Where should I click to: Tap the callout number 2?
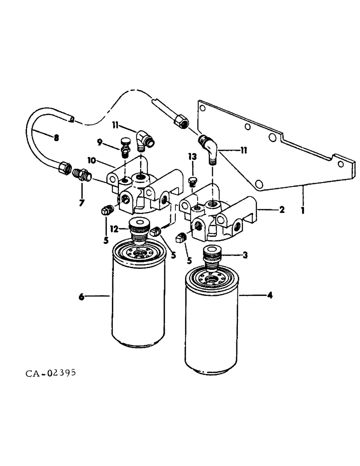pyautogui.click(x=282, y=210)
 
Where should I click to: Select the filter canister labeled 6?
pyautogui.click(x=139, y=298)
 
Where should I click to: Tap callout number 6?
pyautogui.click(x=82, y=296)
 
